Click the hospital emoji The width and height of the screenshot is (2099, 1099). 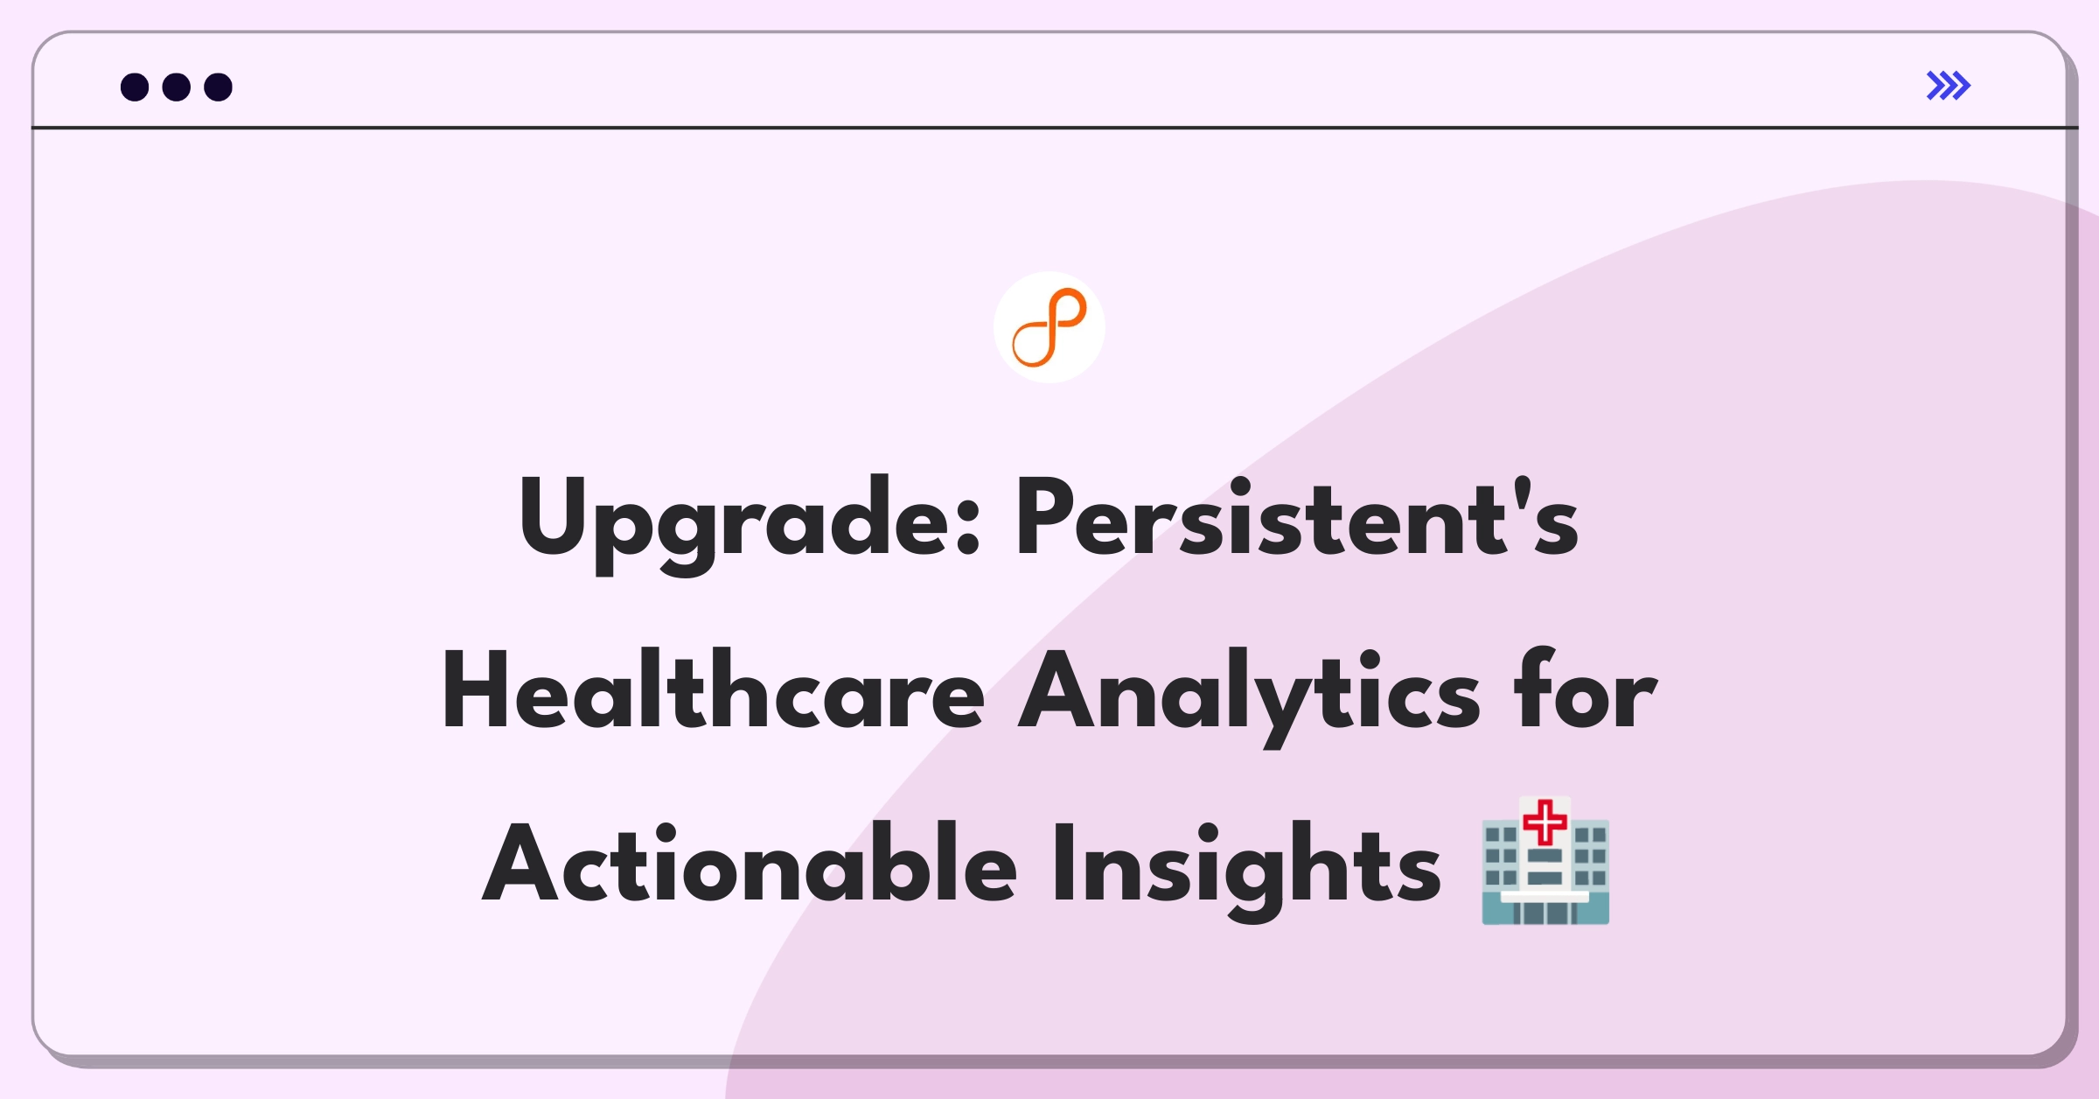tap(1545, 861)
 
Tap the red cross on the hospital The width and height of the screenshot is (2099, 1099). tap(1545, 822)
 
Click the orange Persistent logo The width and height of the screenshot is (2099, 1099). tap(1049, 327)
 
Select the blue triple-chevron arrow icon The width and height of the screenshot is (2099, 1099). tap(1949, 86)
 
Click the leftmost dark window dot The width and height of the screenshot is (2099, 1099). tap(135, 87)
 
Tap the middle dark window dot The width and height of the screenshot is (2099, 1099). tap(177, 87)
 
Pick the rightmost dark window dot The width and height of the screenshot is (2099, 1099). tap(218, 87)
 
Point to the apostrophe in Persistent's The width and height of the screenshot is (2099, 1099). tap(1523, 491)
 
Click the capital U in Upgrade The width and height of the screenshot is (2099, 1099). tap(554, 516)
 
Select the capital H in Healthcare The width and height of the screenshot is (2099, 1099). tap(476, 689)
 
